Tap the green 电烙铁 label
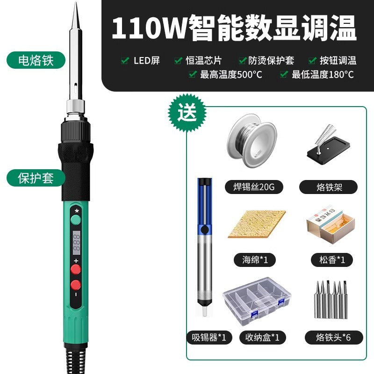pyautogui.click(x=36, y=61)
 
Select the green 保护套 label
pyautogui.click(x=36, y=178)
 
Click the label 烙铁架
pyautogui.click(x=327, y=187)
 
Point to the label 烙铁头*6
pyautogui.click(x=327, y=337)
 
